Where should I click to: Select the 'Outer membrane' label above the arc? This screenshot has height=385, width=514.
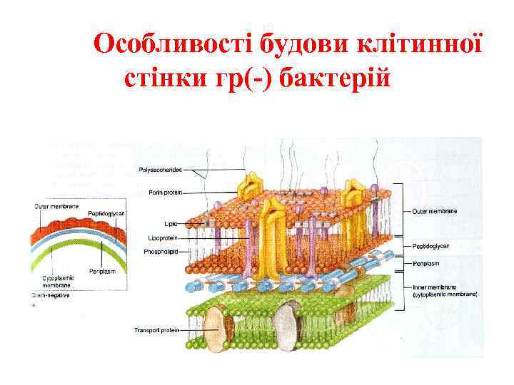(x=56, y=206)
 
